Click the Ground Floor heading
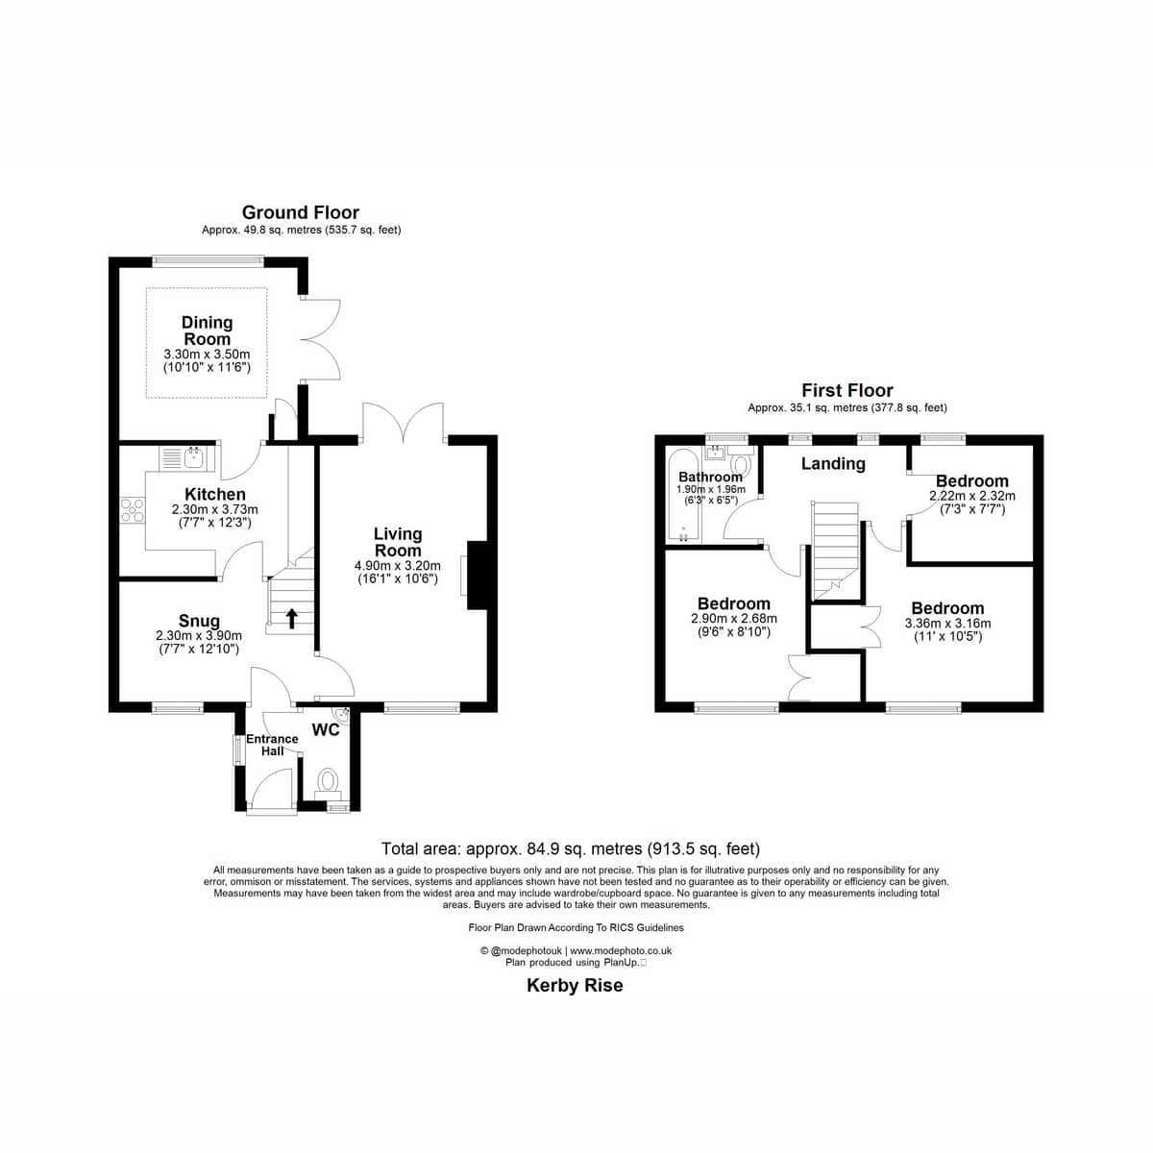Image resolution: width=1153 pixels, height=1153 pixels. click(301, 212)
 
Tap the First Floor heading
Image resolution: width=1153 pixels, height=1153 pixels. click(847, 391)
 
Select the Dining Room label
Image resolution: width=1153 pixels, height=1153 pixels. click(207, 331)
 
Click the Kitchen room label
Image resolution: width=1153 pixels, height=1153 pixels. click(215, 494)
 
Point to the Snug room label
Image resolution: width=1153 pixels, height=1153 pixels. click(199, 621)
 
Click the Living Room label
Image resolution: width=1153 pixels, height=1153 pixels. click(398, 542)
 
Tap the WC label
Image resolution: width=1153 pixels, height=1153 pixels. click(326, 730)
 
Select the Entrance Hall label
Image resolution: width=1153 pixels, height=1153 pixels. click(272, 745)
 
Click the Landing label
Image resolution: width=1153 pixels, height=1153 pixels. click(833, 464)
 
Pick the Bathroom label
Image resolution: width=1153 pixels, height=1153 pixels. click(710, 477)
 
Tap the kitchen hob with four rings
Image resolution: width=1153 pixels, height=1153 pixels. click(133, 510)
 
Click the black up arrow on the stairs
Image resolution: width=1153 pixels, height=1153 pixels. click(292, 618)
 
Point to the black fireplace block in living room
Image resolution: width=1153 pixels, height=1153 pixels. click(478, 575)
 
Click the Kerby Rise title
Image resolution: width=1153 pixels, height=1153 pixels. click(575, 986)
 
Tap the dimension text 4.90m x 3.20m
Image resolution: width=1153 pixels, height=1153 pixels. click(398, 565)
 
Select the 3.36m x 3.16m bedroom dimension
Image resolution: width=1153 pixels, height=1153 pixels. click(947, 624)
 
